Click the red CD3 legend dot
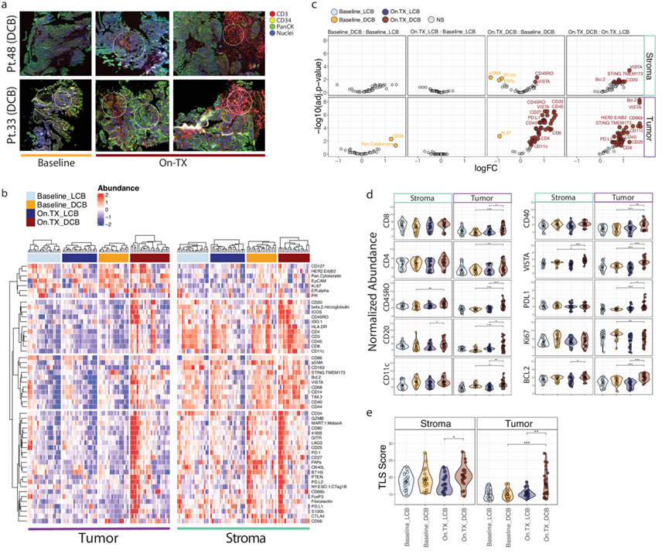coord(275,13)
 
